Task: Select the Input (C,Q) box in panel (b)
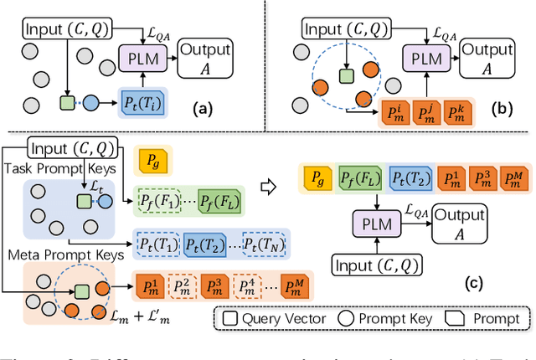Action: [343, 29]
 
